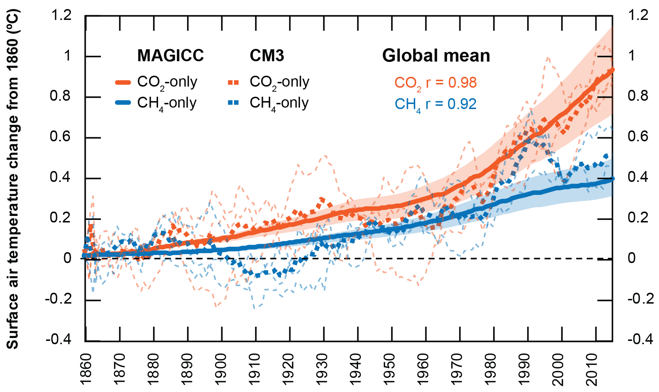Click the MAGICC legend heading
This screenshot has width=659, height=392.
point(170,56)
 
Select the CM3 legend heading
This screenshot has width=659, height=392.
point(267,56)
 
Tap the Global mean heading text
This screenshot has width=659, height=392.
point(436,56)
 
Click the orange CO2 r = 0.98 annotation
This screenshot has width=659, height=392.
point(435,83)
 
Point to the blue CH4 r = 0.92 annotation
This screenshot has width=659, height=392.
point(435,104)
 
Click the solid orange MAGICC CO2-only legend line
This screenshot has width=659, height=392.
point(123,83)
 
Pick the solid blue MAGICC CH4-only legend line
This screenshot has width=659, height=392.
point(123,103)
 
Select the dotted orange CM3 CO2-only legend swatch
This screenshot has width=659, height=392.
point(234,83)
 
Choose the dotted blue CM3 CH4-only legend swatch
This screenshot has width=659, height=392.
point(234,103)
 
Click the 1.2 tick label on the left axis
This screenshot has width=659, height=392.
point(61,16)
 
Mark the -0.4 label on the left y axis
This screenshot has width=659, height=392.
point(59,340)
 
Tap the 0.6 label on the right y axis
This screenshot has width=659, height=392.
point(638,137)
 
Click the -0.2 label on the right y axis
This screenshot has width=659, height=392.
point(641,299)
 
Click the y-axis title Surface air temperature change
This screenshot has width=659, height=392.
point(13,179)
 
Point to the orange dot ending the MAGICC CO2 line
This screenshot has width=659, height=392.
point(612,70)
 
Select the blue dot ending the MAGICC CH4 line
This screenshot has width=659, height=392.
point(612,179)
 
